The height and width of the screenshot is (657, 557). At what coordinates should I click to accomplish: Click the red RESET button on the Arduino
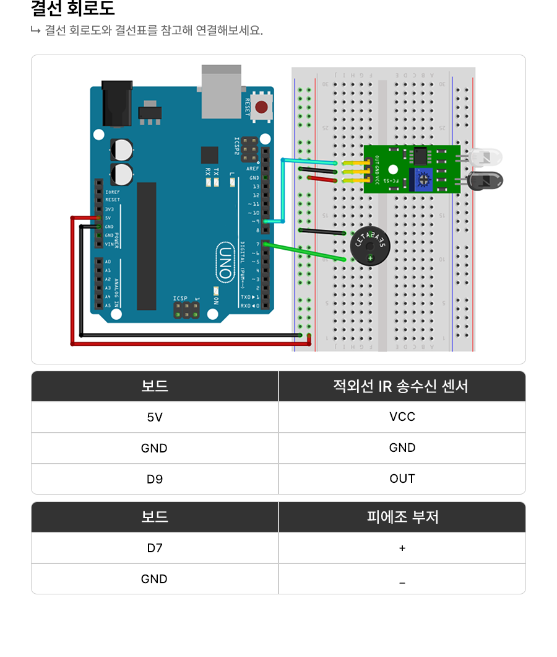click(x=261, y=107)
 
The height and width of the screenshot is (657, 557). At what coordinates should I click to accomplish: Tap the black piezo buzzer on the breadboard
click(x=370, y=246)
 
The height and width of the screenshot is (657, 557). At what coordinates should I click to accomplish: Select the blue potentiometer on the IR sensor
click(x=423, y=179)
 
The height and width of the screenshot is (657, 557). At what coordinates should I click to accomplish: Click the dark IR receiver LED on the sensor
click(x=486, y=181)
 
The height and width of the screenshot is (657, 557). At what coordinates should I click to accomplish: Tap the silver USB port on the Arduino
click(x=221, y=91)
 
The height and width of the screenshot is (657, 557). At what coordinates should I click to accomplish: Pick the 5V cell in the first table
click(x=155, y=417)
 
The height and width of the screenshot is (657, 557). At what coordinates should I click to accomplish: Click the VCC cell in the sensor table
click(x=402, y=417)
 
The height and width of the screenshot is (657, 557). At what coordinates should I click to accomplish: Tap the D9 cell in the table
click(x=155, y=479)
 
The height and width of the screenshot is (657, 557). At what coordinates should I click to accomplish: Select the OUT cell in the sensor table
click(x=402, y=479)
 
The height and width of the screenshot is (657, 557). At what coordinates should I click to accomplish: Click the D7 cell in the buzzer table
click(x=155, y=548)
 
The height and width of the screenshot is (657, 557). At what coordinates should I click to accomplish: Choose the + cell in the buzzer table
click(x=402, y=548)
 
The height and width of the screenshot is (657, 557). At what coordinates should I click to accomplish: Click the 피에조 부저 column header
click(x=402, y=517)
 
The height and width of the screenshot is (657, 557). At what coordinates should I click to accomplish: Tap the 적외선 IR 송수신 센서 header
click(x=402, y=386)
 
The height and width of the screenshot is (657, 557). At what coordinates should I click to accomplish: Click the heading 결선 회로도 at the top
click(x=73, y=9)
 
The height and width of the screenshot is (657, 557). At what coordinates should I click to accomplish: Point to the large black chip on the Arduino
click(x=147, y=246)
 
